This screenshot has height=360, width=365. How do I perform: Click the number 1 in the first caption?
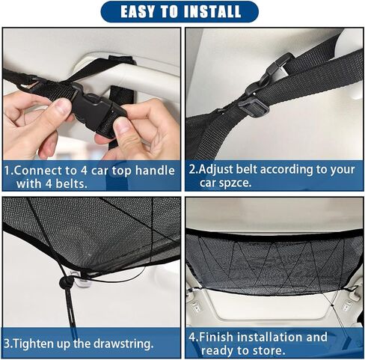7,170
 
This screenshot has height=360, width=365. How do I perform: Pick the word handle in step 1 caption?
155,170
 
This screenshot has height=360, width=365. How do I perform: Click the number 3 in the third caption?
7,344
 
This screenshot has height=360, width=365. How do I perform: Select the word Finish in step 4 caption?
218,337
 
